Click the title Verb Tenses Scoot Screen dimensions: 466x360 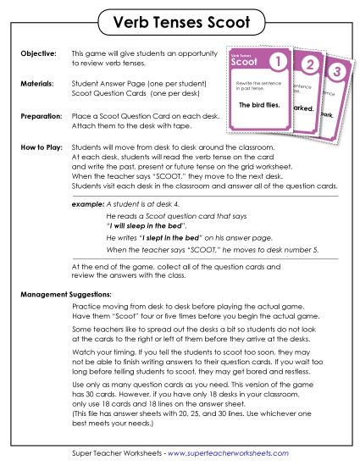pos(180,20)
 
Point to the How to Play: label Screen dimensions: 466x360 pos(41,147)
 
